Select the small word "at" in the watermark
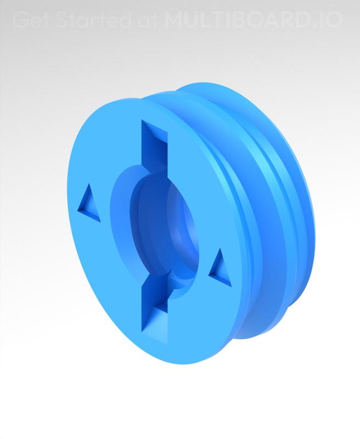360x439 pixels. [145, 20]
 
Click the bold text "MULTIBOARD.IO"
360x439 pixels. [253, 20]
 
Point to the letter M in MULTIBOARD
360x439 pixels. [173, 20]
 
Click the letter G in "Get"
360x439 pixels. [19, 20]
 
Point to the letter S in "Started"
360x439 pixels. [58, 20]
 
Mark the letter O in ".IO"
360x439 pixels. [335, 20]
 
